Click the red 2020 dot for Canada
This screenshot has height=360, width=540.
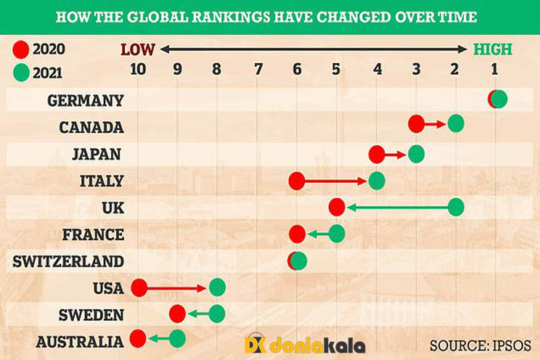416,124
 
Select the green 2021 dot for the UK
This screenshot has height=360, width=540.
456,207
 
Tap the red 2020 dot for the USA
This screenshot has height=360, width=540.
139,287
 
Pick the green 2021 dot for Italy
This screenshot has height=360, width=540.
377,179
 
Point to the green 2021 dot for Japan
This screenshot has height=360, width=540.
416,154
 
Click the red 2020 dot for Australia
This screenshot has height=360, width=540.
138,338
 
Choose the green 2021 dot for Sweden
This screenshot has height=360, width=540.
217,314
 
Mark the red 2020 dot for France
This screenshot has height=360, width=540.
297,234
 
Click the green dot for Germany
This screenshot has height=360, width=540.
499,99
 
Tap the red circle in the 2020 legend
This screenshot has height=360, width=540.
20,51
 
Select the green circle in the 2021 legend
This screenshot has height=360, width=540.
20,72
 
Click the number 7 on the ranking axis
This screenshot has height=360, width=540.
258,70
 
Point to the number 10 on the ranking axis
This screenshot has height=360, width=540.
138,70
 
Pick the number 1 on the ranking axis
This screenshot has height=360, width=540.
494,70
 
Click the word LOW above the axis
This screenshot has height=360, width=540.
138,49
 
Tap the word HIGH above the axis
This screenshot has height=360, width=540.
493,49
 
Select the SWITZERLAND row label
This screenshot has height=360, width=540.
68,261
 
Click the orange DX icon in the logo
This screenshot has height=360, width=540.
255,343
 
